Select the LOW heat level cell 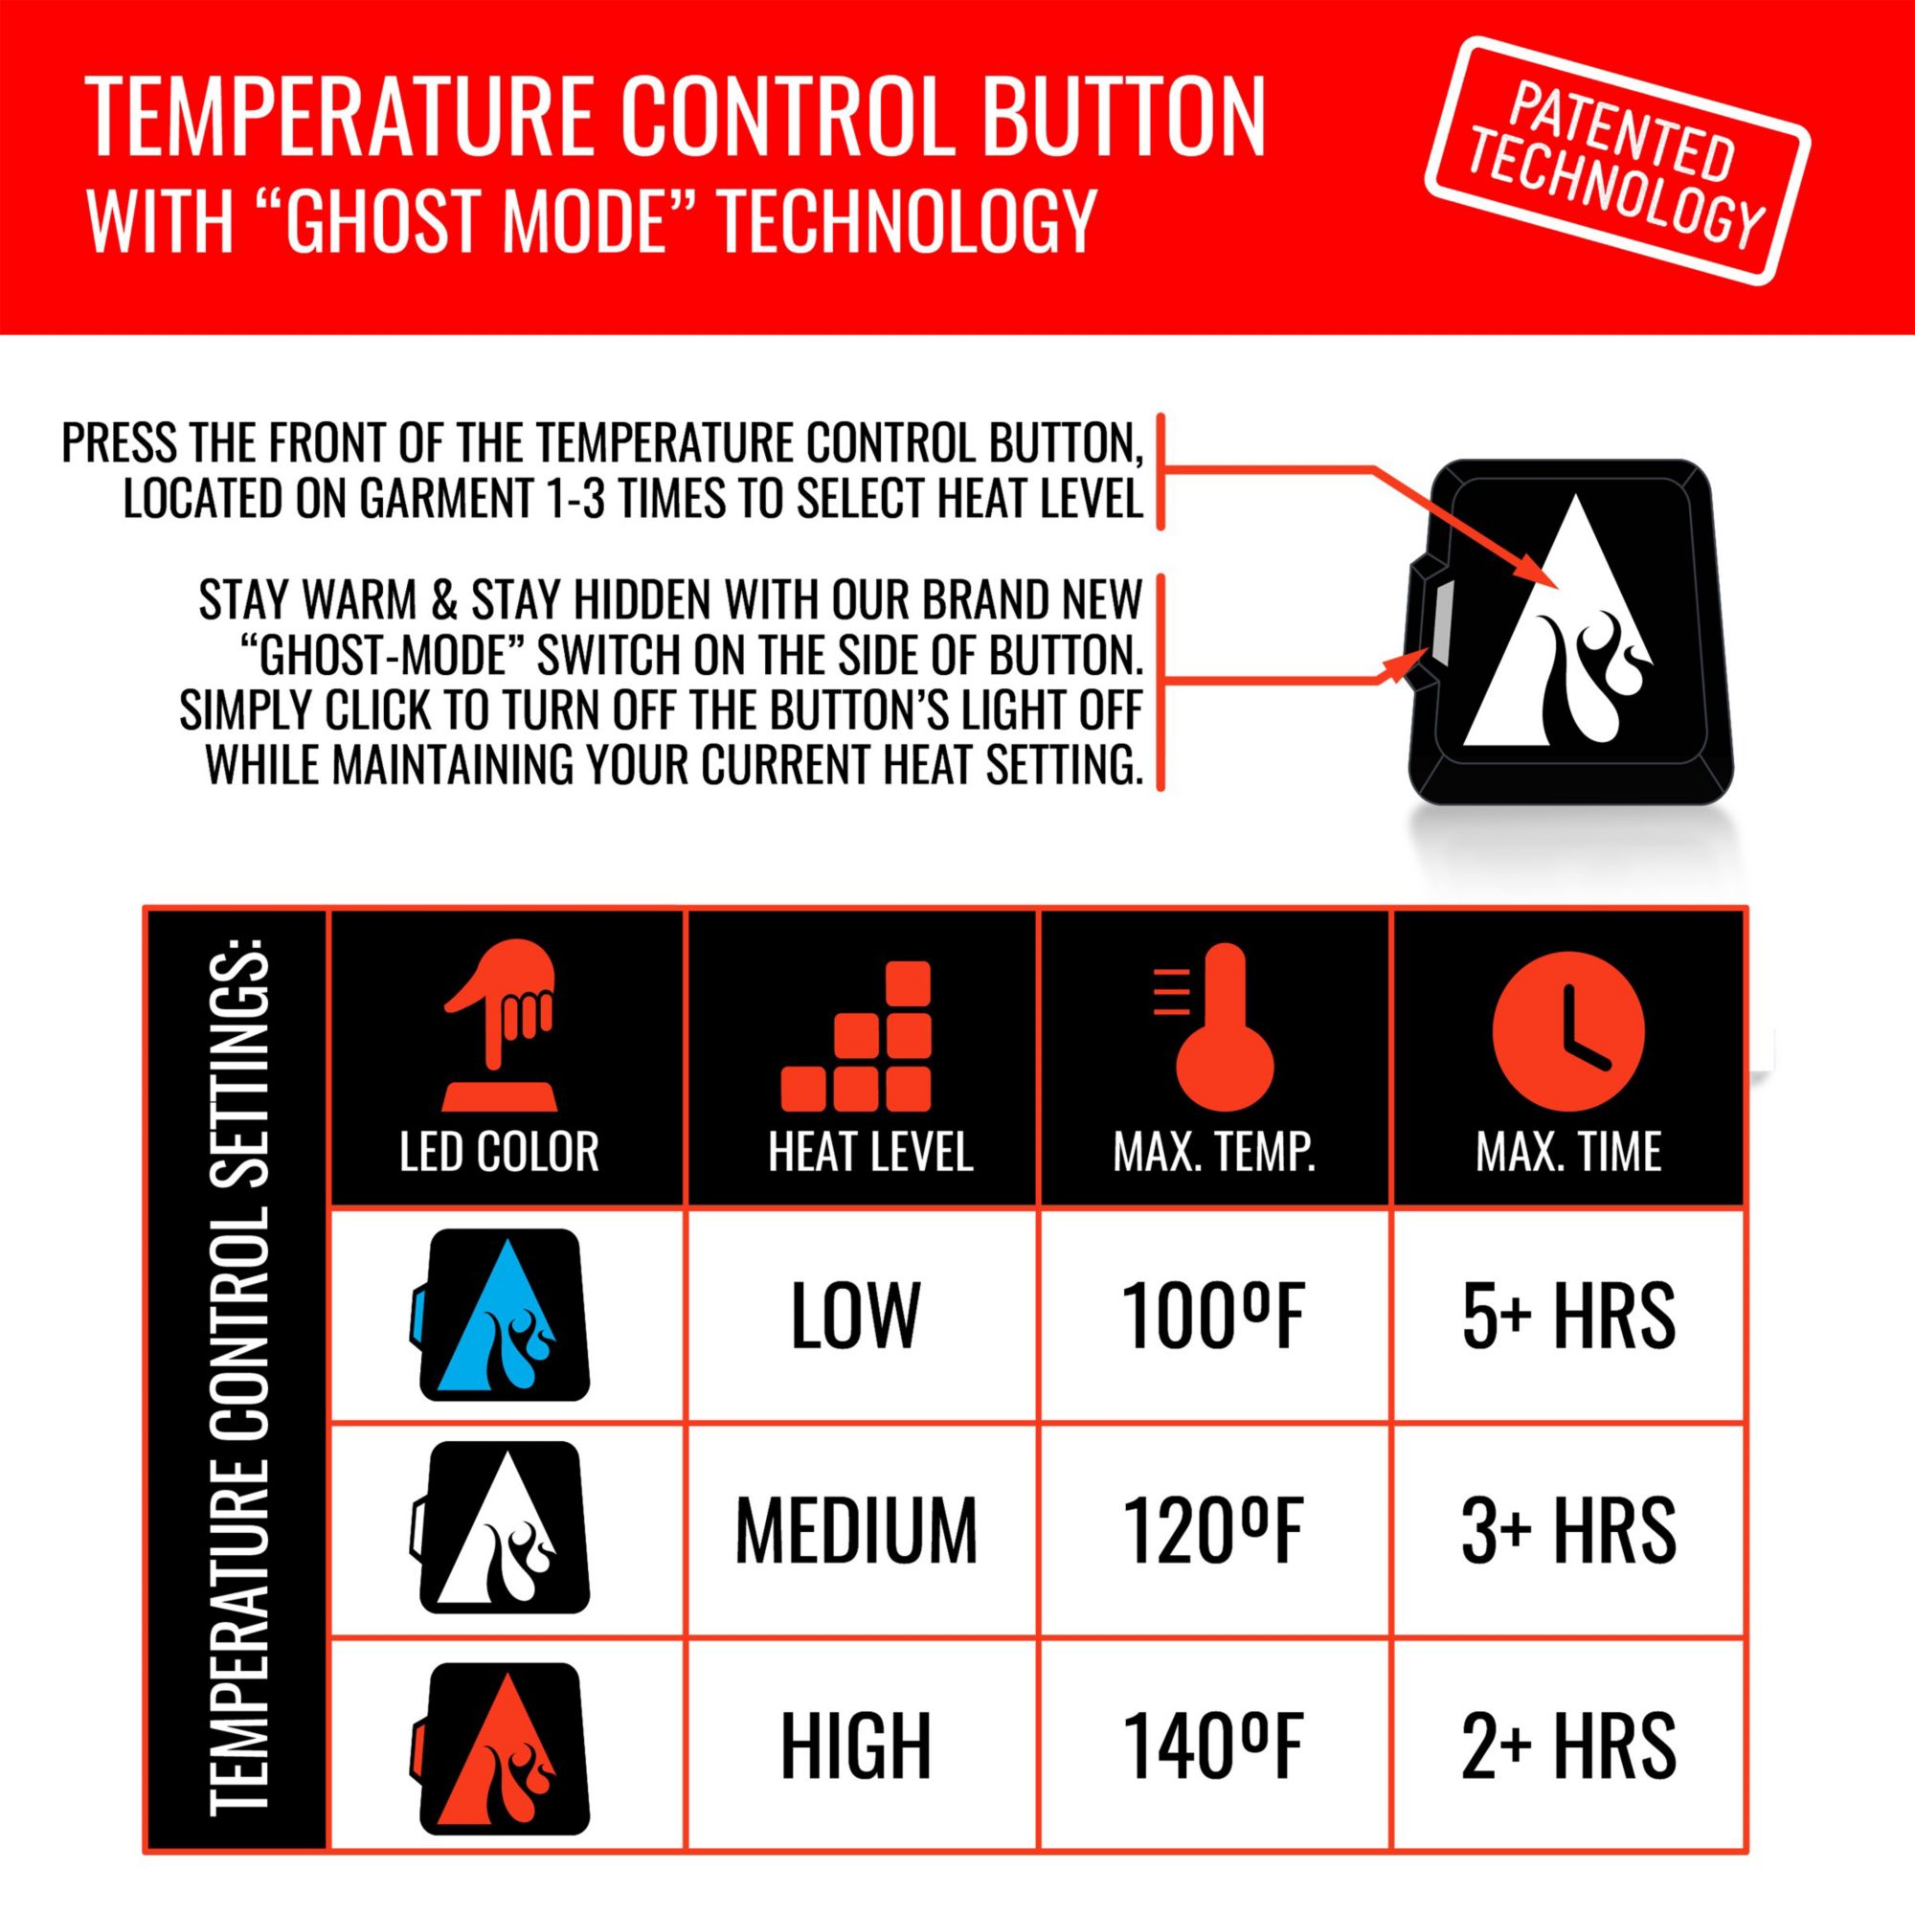click(855, 1317)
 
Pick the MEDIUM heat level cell click(855, 1530)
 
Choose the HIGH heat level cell click(855, 1746)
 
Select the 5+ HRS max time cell click(1568, 1317)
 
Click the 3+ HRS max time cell click(1568, 1530)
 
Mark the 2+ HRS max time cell click(1568, 1746)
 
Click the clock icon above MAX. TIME click(1568, 1030)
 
